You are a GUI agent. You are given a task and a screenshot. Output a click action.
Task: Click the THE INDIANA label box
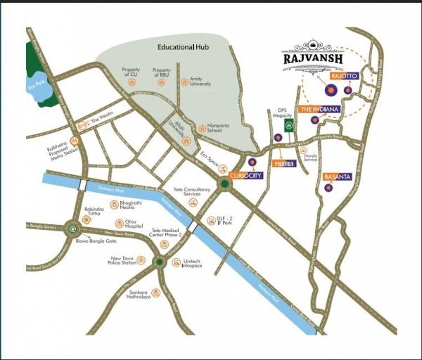320,110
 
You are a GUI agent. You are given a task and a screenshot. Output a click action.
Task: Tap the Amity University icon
184,83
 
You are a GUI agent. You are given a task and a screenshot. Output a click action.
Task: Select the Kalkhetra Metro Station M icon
75,139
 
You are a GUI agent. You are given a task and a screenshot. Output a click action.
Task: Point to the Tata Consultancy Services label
193,191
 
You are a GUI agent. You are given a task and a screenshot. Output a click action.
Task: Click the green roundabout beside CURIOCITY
224,184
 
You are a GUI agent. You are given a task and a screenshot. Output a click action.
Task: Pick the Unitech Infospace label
192,262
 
